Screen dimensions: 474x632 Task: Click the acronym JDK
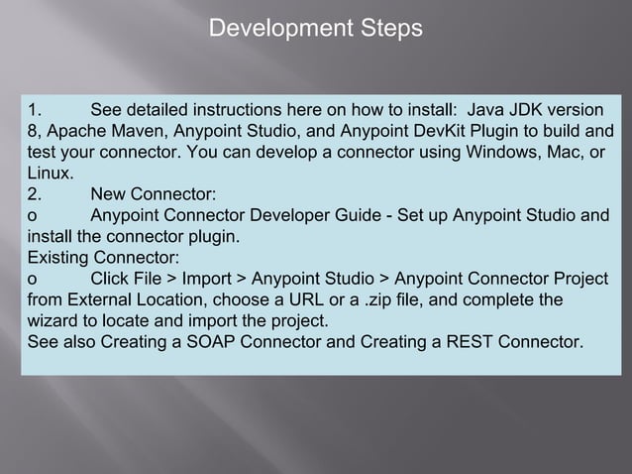[531, 108]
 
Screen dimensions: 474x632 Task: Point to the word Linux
[48, 173]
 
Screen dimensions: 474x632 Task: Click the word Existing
[56, 259]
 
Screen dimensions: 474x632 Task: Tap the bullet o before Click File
[33, 281]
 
